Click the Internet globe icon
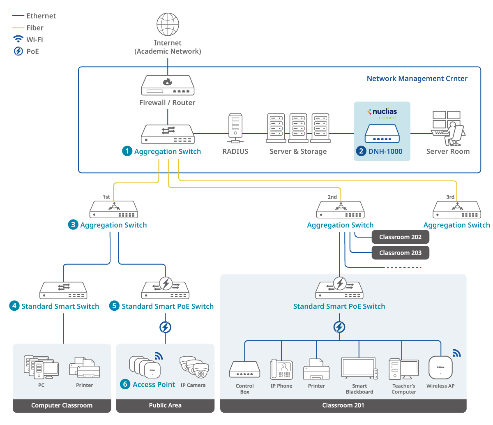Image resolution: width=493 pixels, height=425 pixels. pos(168,25)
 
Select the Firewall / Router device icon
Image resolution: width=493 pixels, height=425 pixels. pos(168,85)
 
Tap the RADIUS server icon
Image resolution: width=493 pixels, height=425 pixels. pos(235,125)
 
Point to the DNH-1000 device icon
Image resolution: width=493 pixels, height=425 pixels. pos(382,134)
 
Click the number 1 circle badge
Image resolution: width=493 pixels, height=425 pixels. pos(127,151)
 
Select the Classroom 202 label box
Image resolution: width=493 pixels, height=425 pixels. pos(400,237)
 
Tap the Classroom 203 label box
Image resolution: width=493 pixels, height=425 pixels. pos(400,253)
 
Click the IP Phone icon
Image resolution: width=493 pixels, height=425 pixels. pos(281,370)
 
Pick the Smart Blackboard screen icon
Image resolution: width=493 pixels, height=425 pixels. pos(359,368)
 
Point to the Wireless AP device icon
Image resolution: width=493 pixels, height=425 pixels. pos(440,367)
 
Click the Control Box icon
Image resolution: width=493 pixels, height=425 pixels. pos(244,370)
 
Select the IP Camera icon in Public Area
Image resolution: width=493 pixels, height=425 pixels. pos(194,367)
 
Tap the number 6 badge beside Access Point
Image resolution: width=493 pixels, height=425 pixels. pos(125,384)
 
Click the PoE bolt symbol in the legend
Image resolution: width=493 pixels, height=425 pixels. pos(18,51)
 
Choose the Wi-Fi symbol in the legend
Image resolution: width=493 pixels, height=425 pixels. pos(18,39)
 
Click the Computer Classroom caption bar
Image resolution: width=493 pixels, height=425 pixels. pos(62,405)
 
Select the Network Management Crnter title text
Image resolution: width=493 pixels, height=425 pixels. pos(417,79)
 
